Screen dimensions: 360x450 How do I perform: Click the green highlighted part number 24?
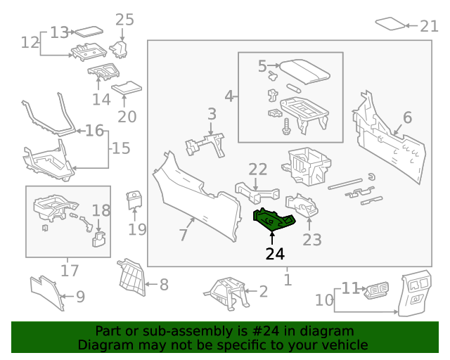[x=274, y=220]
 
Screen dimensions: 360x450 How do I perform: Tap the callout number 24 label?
[x=275, y=254]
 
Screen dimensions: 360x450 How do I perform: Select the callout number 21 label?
[x=429, y=26]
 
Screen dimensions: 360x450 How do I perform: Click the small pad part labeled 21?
[x=391, y=24]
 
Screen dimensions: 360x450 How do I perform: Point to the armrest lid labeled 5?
[x=307, y=70]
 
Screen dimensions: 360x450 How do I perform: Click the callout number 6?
[x=407, y=118]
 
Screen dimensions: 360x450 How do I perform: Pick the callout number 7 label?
[x=184, y=234]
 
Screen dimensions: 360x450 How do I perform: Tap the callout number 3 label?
[x=212, y=113]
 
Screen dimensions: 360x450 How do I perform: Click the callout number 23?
[x=311, y=240]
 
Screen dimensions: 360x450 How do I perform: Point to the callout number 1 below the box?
[x=288, y=280]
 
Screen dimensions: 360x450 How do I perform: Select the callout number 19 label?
[x=137, y=229]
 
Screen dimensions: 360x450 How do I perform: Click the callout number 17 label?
[x=67, y=270]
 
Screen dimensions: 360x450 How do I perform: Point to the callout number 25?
[x=124, y=19]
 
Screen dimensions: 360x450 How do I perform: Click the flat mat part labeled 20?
[x=127, y=89]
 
